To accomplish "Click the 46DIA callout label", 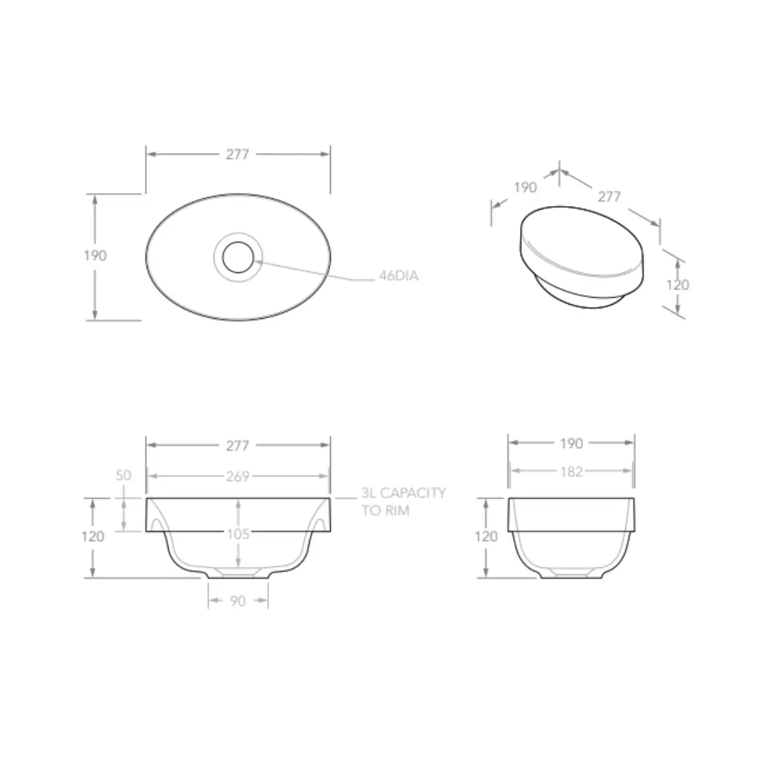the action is (399, 276).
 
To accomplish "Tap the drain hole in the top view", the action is (238, 257).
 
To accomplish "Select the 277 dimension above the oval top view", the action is (238, 154).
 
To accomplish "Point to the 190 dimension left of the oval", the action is (95, 255).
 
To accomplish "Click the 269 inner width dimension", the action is (238, 476).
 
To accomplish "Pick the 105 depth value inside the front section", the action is (238, 534).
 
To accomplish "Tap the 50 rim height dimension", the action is (123, 475).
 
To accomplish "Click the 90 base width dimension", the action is (238, 601).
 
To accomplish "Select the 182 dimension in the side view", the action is (571, 471).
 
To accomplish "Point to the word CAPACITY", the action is (413, 492).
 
